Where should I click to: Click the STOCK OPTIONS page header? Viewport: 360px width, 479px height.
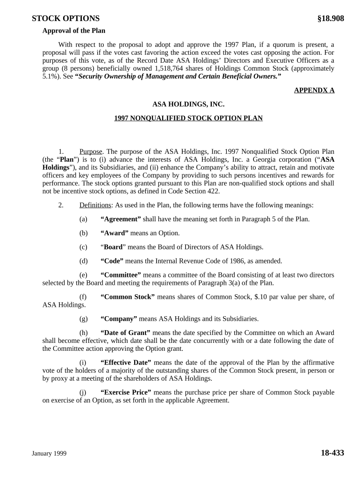[65, 19]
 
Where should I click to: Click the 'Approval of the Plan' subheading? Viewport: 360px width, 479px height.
[74, 31]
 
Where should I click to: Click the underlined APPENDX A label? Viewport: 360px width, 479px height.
[314, 90]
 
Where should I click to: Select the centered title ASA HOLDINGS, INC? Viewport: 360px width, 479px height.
[188, 105]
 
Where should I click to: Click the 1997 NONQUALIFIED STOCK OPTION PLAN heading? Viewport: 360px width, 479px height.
[188, 118]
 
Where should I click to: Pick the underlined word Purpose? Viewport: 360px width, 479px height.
[91, 152]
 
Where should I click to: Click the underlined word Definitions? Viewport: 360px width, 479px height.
[95, 205]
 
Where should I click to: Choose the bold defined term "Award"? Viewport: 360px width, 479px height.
[115, 233]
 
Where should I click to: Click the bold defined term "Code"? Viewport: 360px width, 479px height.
[112, 261]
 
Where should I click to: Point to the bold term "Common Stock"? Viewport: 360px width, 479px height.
[128, 297]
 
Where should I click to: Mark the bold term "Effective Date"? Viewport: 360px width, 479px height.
[126, 363]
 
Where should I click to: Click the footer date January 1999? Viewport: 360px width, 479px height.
[49, 454]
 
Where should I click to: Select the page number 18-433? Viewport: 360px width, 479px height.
[332, 453]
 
